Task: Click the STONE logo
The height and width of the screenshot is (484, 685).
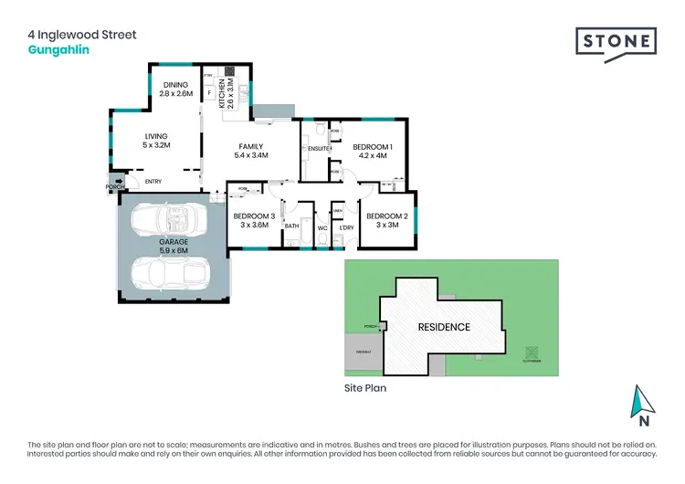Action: pos(616,41)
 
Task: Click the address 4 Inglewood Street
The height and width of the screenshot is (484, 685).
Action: pos(81,35)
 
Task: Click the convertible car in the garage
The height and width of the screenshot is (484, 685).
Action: pos(169,219)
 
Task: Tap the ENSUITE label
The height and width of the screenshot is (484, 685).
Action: pos(318,148)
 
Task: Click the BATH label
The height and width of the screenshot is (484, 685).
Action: pos(291,226)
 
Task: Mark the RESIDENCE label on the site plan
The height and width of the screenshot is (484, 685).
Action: pos(444,327)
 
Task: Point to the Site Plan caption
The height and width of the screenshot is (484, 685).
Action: pos(365,388)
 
